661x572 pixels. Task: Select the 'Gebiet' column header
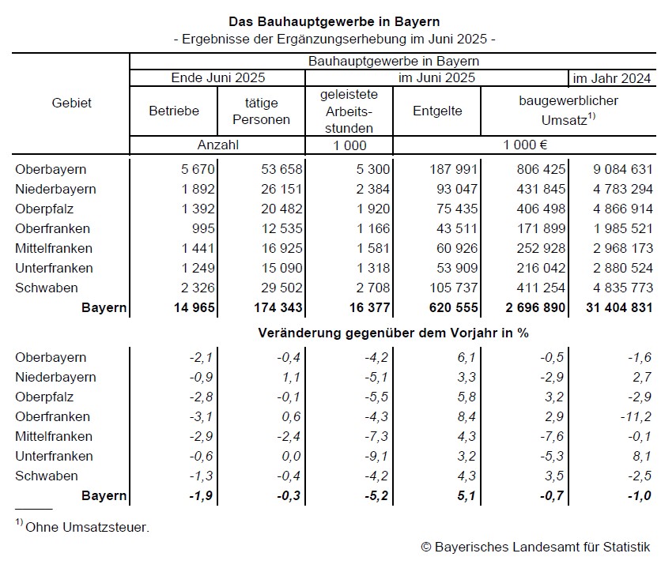(x=71, y=103)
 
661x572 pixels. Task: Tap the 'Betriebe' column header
(x=174, y=111)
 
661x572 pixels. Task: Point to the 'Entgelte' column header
(x=437, y=111)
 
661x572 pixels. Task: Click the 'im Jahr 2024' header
(x=612, y=77)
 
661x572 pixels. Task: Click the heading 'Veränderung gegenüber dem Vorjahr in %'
(x=393, y=333)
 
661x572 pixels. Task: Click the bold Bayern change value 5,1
(x=466, y=495)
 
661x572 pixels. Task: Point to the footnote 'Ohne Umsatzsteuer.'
(x=87, y=527)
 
